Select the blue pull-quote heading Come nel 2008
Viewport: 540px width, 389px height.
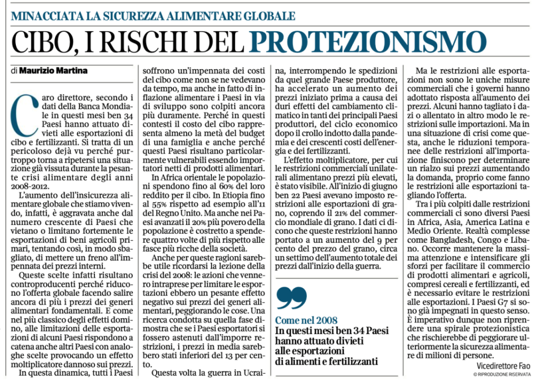tap(306, 320)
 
